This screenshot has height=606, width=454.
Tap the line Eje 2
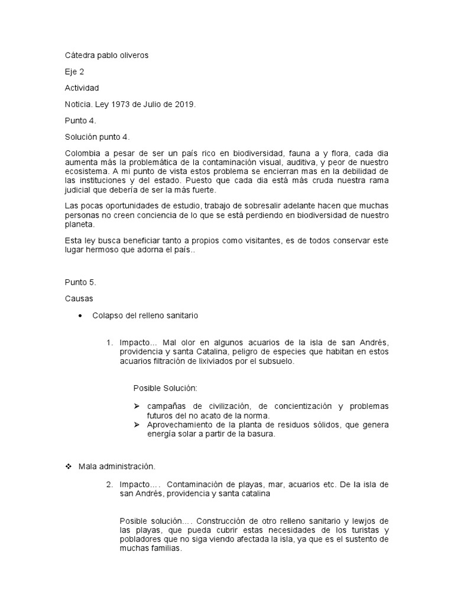pyautogui.click(x=74, y=72)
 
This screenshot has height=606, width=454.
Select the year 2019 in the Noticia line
pyautogui.click(x=183, y=104)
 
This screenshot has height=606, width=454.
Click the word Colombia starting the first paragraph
pyautogui.click(x=83, y=153)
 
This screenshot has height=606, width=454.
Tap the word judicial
pyautogui.click(x=79, y=190)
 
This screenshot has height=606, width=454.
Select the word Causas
pyautogui.click(x=79, y=299)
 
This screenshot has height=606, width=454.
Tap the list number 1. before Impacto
pyautogui.click(x=110, y=343)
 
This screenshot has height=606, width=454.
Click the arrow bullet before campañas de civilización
pyautogui.click(x=137, y=407)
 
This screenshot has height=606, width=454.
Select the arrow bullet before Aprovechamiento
pyautogui.click(x=137, y=425)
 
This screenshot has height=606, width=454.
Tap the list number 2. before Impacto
pyautogui.click(x=110, y=484)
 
